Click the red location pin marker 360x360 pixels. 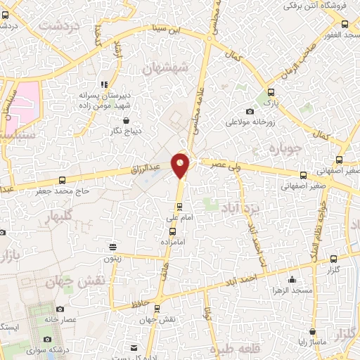[181, 165]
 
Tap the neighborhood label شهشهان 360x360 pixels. [166, 67]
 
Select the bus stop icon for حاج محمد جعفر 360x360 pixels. [62, 180]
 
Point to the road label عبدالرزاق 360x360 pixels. [146, 169]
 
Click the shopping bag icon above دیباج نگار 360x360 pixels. [105, 120]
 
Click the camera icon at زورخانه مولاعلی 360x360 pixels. [250, 112]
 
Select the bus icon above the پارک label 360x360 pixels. [271, 91]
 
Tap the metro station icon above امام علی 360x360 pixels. [179, 206]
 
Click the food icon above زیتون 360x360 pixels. [112, 246]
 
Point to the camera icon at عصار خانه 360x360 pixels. [60, 309]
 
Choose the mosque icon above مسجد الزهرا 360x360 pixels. [292, 278]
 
